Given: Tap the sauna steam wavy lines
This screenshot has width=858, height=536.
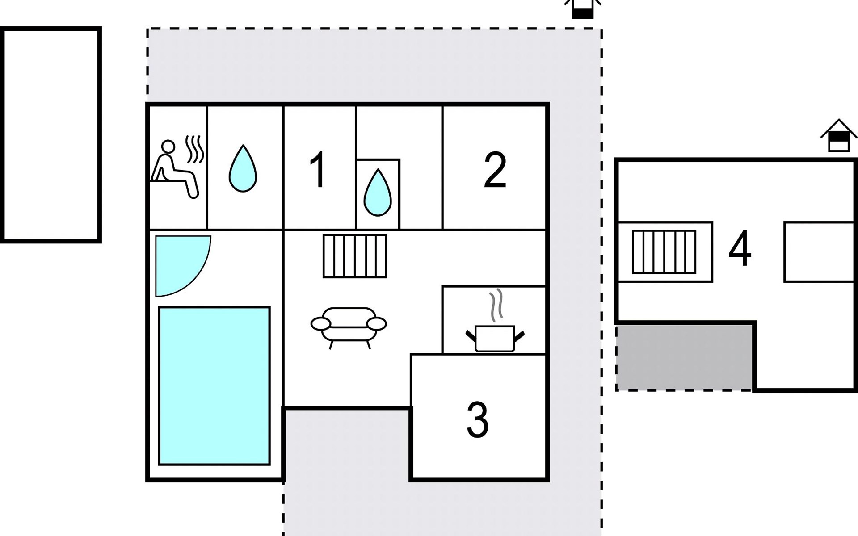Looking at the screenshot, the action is tap(195, 149).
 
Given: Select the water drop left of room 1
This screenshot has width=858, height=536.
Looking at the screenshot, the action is tap(243, 168).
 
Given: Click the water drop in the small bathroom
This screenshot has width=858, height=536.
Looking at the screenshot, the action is tap(378, 193).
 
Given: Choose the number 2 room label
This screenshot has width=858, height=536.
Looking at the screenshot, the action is tap(495, 170).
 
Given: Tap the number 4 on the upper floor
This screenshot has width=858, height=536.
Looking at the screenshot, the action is tap(740, 249).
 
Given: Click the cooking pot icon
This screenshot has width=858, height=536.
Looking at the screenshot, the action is tap(495, 338).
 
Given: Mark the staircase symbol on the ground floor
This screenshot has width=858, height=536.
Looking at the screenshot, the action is tap(355, 256).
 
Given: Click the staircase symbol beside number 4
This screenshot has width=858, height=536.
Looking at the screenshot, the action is tap(664, 252).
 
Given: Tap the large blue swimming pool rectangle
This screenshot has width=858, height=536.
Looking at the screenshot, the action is tap(214, 386).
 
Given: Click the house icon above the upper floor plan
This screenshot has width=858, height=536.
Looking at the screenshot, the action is tap(839, 135).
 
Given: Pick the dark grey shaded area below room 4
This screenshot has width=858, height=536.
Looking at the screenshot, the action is tap(685, 357).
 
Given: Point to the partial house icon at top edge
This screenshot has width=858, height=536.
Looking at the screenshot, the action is tap(583, 9).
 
